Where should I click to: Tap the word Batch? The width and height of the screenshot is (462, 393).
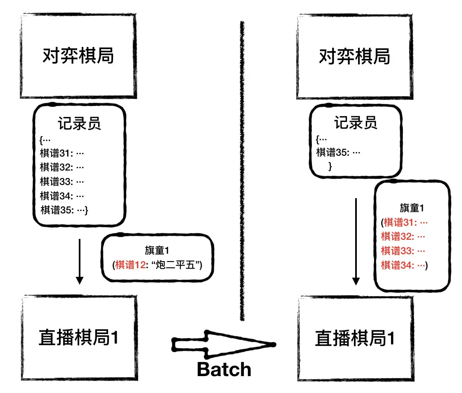coord(224,369)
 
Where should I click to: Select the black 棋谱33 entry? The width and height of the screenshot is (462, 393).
coord(62,182)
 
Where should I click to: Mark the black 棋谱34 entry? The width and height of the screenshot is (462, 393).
coord(62,196)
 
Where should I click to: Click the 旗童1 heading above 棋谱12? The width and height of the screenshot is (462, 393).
coord(157,250)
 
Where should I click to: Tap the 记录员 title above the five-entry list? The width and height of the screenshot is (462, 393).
coord(79,124)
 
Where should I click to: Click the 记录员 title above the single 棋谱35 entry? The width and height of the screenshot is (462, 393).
coord(355,123)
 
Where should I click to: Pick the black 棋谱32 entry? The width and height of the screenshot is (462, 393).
coord(62,168)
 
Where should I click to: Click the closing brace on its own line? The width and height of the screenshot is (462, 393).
coord(330,166)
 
